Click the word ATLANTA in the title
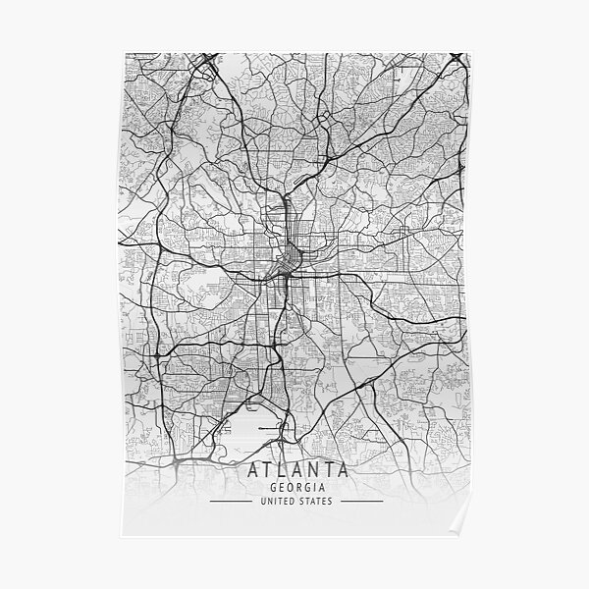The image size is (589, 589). pos(294,470)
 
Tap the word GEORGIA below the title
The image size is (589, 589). pos(294,487)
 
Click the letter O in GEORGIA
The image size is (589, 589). pos(286,487)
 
